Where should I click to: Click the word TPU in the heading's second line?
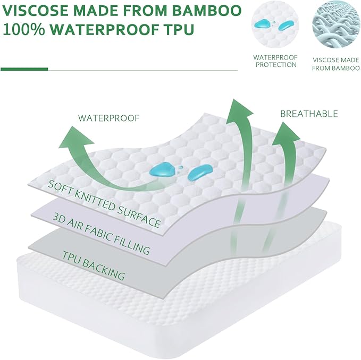[178, 30]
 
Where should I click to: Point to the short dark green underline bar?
[24, 69]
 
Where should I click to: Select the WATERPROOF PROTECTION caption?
[275, 61]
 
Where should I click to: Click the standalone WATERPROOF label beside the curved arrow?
[108, 118]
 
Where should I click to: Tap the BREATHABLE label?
[308, 114]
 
